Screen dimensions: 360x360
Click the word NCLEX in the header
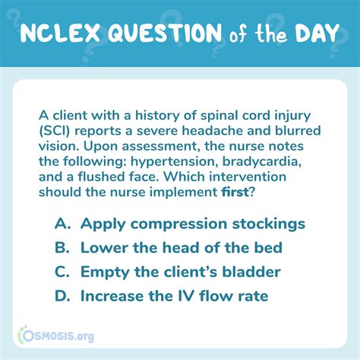click(60, 33)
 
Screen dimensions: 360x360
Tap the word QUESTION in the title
click(165, 33)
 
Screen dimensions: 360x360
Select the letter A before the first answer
click(62, 223)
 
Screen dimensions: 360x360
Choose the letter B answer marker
click(62, 248)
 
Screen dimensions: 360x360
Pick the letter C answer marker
click(62, 272)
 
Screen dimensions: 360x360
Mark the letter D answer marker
click(62, 296)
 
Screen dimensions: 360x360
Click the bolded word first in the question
click(235, 192)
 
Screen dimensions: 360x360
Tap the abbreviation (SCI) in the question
click(55, 131)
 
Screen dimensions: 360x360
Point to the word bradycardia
click(262, 162)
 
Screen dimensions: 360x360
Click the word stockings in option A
click(269, 224)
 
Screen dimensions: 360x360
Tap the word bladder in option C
click(251, 272)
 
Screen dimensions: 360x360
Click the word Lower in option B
click(105, 248)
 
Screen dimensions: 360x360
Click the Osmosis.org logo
click(56, 336)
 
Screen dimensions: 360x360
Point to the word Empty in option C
click(105, 273)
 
